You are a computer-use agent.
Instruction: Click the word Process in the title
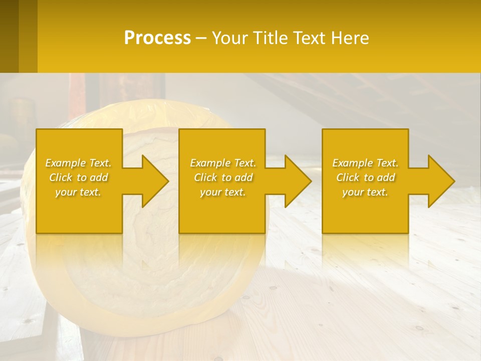pyautogui.click(x=157, y=38)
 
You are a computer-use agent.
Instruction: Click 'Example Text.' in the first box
pyautogui.click(x=78, y=163)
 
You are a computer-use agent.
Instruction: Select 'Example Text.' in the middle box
pyautogui.click(x=222, y=163)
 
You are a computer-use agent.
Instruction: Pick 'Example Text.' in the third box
pyautogui.click(x=365, y=163)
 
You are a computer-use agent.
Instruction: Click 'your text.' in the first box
pyautogui.click(x=78, y=192)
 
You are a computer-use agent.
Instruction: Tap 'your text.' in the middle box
pyautogui.click(x=222, y=192)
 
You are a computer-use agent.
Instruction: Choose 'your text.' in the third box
pyautogui.click(x=365, y=192)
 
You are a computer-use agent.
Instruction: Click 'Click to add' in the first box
pyautogui.click(x=78, y=177)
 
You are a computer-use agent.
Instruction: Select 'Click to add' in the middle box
pyautogui.click(x=222, y=177)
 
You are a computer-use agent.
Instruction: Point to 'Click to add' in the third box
pyautogui.click(x=365, y=177)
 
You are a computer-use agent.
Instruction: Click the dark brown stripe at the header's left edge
pyautogui.click(x=9, y=36)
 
